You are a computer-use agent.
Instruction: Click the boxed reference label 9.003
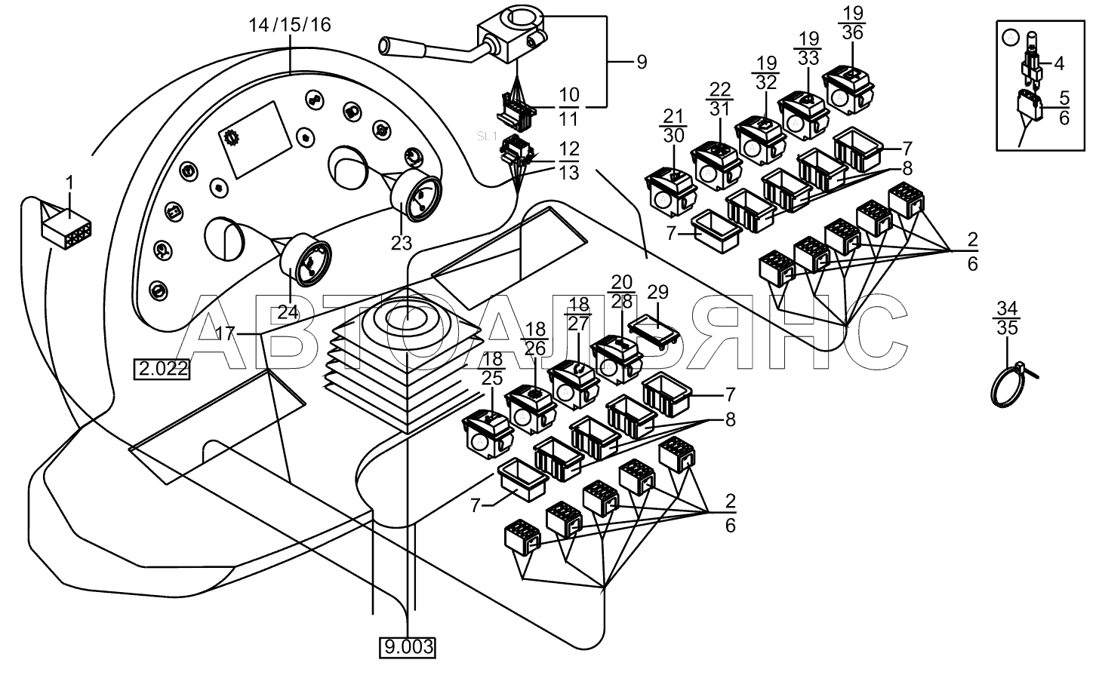pos(408,647)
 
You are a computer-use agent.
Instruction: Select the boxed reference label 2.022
pos(162,369)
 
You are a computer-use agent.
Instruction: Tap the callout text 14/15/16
pos(290,25)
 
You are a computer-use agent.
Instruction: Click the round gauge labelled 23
pos(416,196)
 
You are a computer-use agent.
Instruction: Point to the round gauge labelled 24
pos(306,260)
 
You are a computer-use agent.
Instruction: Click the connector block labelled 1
pos(66,229)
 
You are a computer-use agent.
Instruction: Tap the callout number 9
pos(642,63)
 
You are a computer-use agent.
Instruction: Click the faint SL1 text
pos(487,137)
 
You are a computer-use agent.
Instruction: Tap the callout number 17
pos(226,334)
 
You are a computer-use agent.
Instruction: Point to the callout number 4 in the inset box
pos(1059,64)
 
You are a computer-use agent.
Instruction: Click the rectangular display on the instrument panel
pos(255,140)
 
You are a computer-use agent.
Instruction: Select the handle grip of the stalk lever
pos(403,48)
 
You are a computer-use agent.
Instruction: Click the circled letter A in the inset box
pos(1011,37)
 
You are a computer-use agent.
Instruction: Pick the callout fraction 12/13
pos(568,161)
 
